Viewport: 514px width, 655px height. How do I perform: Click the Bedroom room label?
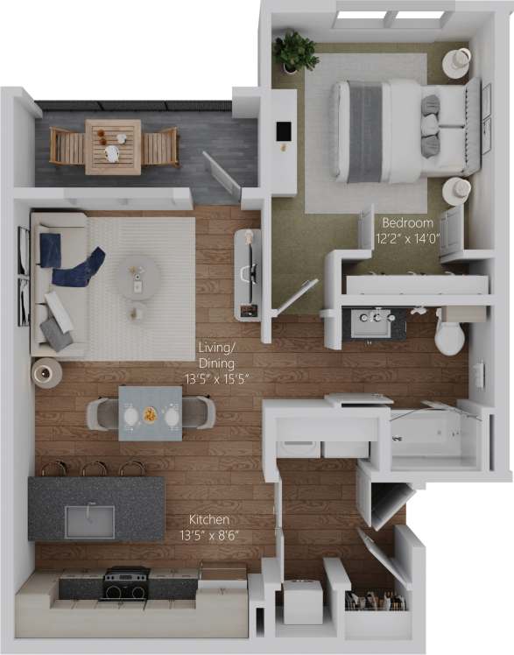coord(405,223)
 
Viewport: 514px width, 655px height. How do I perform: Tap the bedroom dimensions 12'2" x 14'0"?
coord(405,237)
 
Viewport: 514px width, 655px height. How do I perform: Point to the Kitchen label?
coord(210,519)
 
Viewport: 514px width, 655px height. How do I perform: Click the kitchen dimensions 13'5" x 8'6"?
coord(210,533)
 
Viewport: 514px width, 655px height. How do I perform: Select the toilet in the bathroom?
coord(449,335)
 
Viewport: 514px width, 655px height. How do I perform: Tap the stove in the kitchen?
coord(126,582)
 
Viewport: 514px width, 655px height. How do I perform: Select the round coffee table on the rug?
coord(137,278)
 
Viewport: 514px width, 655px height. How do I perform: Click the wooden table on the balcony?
coord(113,146)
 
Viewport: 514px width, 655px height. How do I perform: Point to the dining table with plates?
coord(151,412)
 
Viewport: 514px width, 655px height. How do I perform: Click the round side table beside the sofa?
coord(46,373)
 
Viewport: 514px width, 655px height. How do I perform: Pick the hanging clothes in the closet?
coord(375,602)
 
